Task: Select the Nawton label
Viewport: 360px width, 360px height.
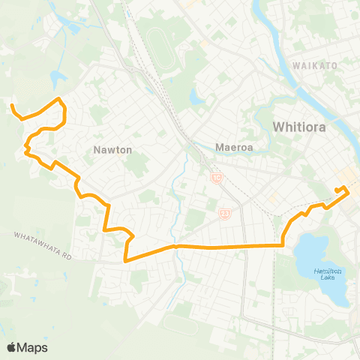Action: pos(112,149)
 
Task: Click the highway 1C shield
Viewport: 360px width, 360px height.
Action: pos(217,177)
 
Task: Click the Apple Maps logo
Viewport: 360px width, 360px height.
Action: pos(26,347)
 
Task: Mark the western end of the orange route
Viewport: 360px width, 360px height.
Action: pos(13,107)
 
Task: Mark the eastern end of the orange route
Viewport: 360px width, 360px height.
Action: pos(343,187)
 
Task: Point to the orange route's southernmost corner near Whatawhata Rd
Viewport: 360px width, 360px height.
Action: pos(125,261)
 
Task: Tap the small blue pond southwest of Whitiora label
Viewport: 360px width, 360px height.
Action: pos(197,96)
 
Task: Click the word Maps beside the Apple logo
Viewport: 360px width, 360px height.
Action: pos(33,347)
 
